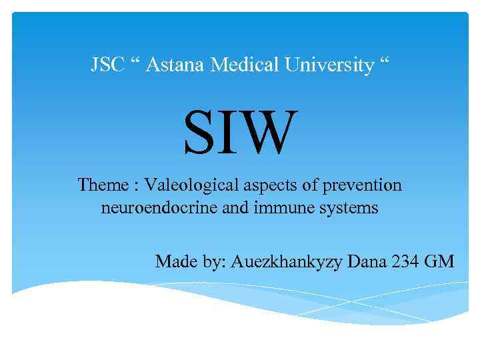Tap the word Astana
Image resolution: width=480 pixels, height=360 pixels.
[175, 65]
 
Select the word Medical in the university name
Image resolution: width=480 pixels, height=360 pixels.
[245, 65]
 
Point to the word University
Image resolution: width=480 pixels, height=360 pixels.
[329, 65]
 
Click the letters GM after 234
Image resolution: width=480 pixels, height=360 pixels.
[439, 261]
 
